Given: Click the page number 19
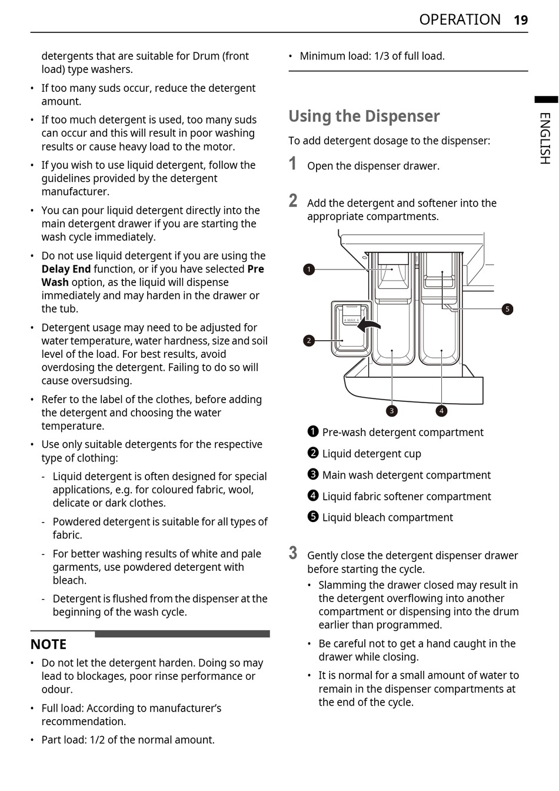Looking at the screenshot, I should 521,20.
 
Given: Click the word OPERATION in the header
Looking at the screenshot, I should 460,20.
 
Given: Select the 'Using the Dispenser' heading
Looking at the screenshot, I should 364,116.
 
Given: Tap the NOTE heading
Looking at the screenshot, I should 48,644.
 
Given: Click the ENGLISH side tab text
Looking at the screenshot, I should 545,138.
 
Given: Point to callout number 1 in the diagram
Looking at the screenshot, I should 309,270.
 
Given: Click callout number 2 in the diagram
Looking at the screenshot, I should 309,340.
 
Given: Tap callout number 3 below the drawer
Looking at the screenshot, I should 392,411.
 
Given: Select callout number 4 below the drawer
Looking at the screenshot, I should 441,411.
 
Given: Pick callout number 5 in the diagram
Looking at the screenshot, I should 507,309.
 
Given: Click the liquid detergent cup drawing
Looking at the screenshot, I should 351,330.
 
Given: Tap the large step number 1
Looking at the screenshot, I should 293,164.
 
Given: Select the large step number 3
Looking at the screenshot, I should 293,553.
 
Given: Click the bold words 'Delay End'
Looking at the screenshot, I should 66,269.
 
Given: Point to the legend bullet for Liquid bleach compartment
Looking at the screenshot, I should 313,517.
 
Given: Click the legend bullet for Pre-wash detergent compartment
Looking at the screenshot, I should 313,431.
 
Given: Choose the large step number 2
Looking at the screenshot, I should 293,201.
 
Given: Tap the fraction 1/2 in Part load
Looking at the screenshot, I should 97,740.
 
